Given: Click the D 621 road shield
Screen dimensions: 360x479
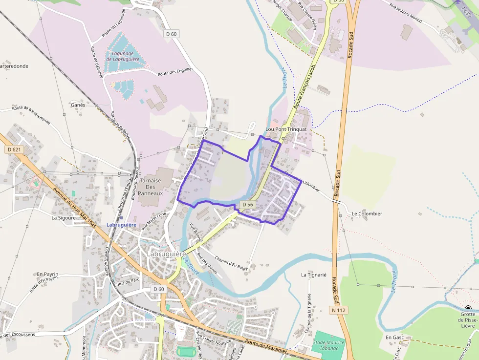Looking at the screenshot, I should [x=15, y=149].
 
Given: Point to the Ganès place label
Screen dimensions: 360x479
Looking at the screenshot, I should [x=78, y=105].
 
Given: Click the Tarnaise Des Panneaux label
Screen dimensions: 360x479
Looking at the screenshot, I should [x=151, y=187].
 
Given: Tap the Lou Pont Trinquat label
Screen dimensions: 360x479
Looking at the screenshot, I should [x=286, y=129].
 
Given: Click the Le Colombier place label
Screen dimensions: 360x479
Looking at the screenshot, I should [x=367, y=213].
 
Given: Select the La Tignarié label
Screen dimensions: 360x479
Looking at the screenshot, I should [x=313, y=275].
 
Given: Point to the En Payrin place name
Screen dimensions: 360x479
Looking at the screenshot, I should [x=47, y=275].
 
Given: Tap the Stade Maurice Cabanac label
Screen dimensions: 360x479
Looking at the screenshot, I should [x=328, y=345].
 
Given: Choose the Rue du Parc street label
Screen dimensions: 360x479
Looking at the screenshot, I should [x=129, y=282].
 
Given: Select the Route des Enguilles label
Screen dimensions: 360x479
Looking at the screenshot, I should [x=175, y=72].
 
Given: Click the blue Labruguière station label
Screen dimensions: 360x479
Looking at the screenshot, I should [x=121, y=225].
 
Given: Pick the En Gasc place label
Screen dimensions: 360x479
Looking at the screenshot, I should [x=394, y=338].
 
